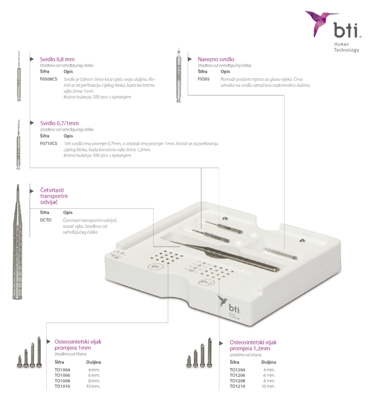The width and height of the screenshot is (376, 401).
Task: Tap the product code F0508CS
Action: pos(48,78)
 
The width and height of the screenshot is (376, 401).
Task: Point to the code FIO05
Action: pos(204,78)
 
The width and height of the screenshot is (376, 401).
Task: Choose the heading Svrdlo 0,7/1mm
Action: pos(59,123)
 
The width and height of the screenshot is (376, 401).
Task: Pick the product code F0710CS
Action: pos(48,143)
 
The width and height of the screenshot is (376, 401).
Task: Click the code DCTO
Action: pos(46,220)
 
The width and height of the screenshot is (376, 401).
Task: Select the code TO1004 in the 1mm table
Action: pos(62,370)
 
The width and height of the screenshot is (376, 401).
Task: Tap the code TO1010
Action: pos(62,386)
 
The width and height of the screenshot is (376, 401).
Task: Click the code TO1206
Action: pos(237,375)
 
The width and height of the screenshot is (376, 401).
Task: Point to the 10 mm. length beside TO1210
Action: pos(269,386)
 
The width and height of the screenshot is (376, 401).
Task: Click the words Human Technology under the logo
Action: pos(346,48)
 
